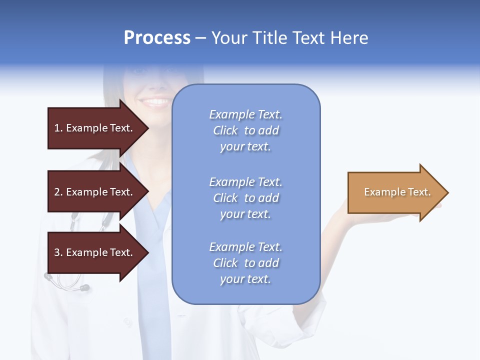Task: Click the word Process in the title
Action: [157, 38]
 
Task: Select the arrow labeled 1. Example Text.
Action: [95, 128]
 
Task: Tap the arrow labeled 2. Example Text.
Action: [95, 192]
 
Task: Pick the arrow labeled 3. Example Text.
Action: [95, 252]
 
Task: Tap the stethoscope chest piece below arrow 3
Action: [84, 288]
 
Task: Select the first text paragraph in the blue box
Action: [245, 130]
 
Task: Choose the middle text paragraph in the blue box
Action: [245, 198]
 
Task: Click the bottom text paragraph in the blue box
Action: [245, 263]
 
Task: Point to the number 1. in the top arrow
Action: [58, 128]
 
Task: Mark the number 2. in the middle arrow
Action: [58, 192]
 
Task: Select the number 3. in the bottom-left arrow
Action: [58, 252]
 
